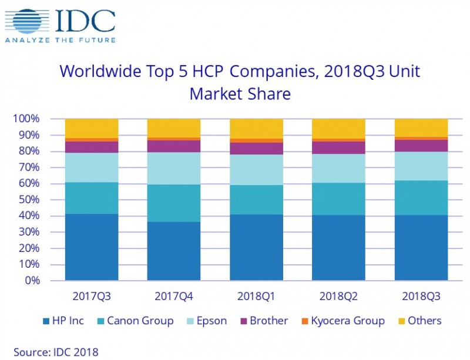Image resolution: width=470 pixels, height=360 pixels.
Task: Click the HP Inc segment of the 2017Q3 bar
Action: (x=92, y=247)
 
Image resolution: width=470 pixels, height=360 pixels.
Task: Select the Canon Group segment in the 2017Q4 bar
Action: (x=173, y=203)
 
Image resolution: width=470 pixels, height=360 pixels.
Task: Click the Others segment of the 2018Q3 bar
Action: (x=420, y=127)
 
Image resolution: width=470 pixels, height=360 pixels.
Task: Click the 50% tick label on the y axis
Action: (x=29, y=200)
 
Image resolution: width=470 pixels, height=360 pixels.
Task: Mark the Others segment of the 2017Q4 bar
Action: (x=173, y=127)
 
